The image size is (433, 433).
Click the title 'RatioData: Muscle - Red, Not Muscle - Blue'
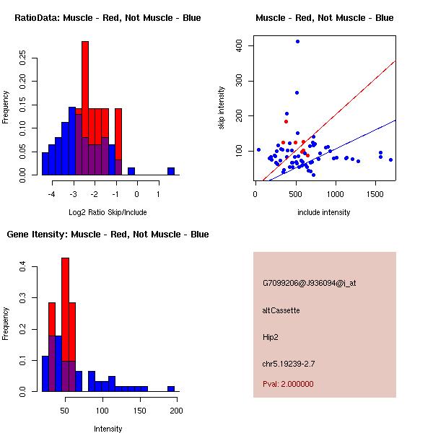click(108, 17)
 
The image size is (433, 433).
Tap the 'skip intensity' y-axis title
click(222, 108)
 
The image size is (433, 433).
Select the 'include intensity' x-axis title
click(324, 212)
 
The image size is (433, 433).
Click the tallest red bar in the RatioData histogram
click(85, 87)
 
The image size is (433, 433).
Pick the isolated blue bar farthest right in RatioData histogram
click(171, 171)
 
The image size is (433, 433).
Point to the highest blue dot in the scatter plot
click(297, 42)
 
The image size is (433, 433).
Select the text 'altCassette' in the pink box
click(281, 310)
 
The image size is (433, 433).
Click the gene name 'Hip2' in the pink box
click(271, 336)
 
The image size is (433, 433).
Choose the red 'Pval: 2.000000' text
click(288, 384)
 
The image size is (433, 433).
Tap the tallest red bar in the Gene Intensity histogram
click(65, 310)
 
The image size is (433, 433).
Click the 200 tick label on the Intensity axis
click(176, 411)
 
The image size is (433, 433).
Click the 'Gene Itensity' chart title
click(108, 235)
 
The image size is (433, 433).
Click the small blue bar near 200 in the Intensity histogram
click(171, 388)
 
